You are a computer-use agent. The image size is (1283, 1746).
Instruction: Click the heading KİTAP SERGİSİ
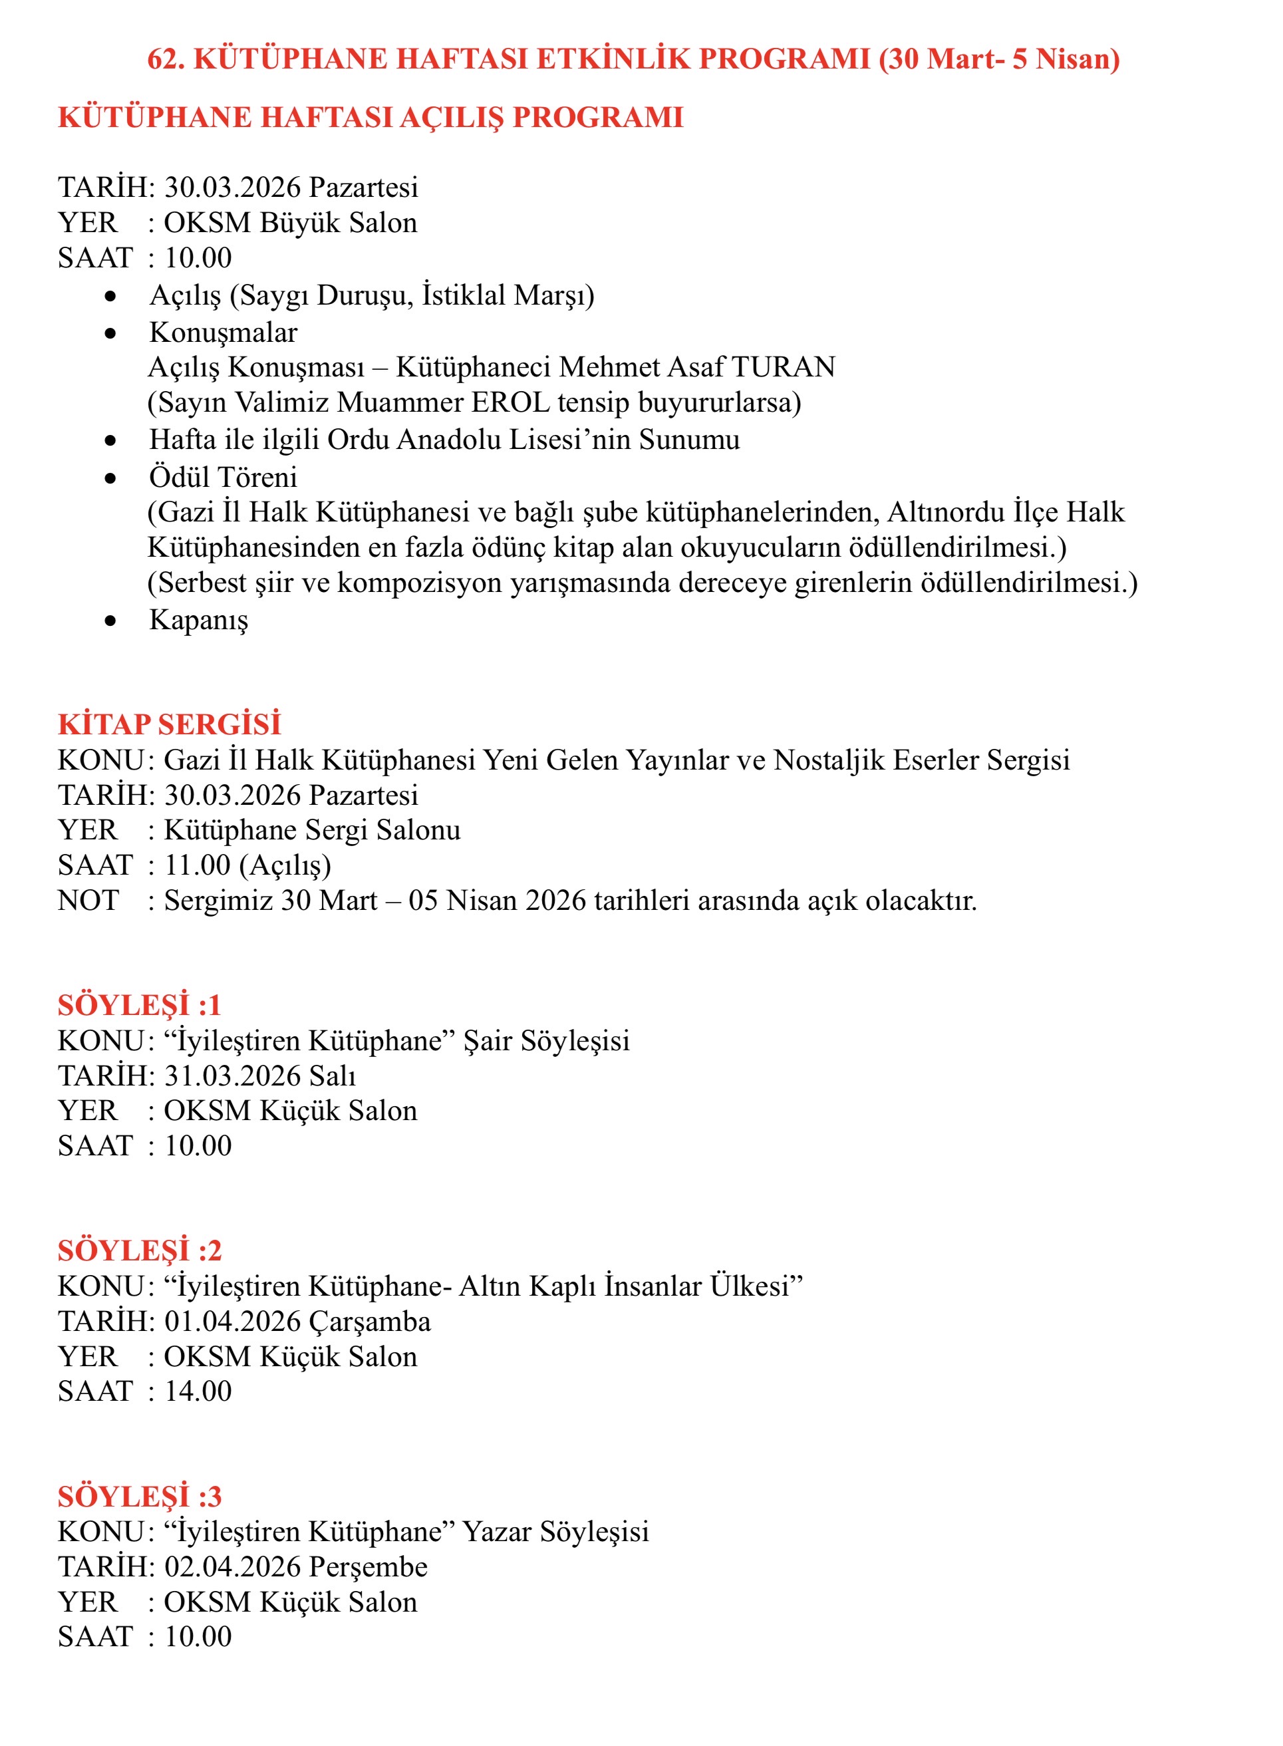pyautogui.click(x=170, y=724)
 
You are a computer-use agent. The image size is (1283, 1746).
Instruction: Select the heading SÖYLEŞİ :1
pyautogui.click(x=140, y=1005)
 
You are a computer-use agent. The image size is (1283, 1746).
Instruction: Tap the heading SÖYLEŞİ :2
pyautogui.click(x=140, y=1250)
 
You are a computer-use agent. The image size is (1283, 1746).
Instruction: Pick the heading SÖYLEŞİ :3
pyautogui.click(x=140, y=1496)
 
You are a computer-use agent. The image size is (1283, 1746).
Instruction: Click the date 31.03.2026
pyautogui.click(x=232, y=1076)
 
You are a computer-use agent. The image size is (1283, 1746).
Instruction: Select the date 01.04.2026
pyautogui.click(x=232, y=1321)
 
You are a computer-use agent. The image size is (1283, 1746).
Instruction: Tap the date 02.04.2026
pyautogui.click(x=232, y=1566)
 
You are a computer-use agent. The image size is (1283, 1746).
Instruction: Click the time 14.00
pyautogui.click(x=198, y=1391)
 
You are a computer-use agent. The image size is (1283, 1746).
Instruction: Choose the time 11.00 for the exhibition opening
pyautogui.click(x=198, y=865)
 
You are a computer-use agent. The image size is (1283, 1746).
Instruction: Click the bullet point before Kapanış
pyautogui.click(x=110, y=621)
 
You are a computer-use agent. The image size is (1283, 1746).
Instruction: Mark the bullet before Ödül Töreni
pyautogui.click(x=110, y=478)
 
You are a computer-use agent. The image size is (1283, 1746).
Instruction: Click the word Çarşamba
pyautogui.click(x=370, y=1321)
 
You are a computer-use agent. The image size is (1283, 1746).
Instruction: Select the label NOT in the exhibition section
pyautogui.click(x=88, y=900)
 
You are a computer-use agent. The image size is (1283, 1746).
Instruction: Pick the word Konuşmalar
pyautogui.click(x=223, y=333)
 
